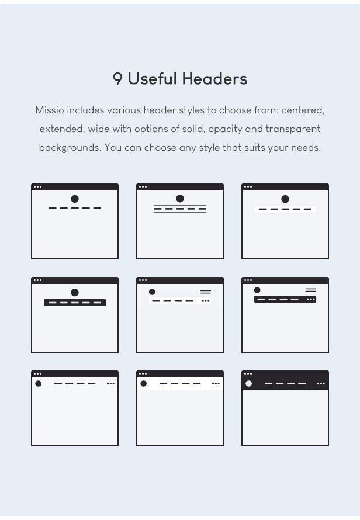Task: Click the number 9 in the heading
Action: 117,79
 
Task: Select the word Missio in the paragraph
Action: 50,110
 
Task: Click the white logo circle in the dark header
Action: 248,384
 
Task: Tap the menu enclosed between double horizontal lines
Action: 180,209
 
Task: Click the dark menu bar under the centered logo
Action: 75,303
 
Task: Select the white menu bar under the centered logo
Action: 285,209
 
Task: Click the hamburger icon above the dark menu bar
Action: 310,290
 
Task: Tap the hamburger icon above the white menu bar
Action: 205,292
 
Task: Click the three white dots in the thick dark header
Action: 321,384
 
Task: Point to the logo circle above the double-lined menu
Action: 180,199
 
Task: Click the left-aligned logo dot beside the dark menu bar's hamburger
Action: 257,290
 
